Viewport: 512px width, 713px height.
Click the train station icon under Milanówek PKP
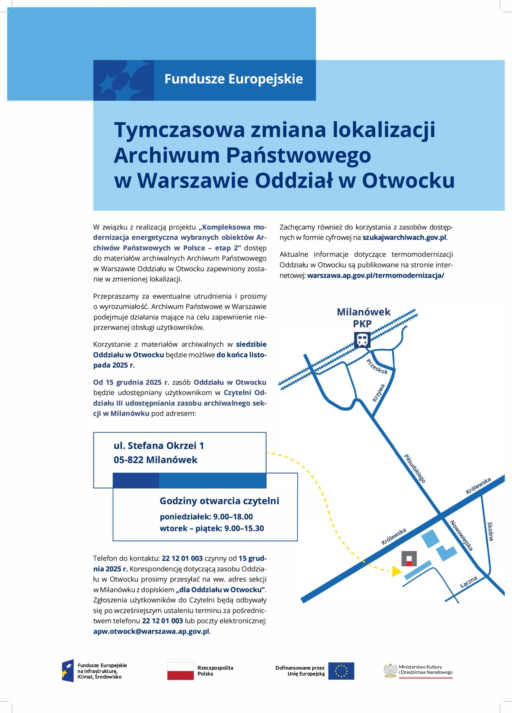tap(362, 340)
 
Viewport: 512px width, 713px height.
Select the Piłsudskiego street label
tap(415, 469)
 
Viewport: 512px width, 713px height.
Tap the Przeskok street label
tap(377, 367)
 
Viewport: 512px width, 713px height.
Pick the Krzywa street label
tap(379, 393)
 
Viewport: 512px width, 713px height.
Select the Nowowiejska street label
tap(461, 535)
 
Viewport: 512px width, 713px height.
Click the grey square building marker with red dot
tap(409, 559)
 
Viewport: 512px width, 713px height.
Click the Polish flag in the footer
tap(180, 671)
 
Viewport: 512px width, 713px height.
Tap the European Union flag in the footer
tap(341, 671)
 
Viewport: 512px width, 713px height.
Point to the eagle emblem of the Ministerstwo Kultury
tap(390, 670)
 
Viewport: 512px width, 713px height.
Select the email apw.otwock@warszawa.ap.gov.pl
tap(151, 632)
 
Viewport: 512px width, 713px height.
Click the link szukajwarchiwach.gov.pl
tap(404, 238)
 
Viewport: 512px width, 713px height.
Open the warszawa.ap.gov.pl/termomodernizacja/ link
tap(375, 275)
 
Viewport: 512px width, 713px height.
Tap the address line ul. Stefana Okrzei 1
tap(159, 446)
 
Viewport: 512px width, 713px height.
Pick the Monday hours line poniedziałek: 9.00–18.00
tap(206, 517)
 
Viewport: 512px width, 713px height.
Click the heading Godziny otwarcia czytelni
tap(219, 501)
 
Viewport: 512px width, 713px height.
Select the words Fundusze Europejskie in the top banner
tap(234, 79)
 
